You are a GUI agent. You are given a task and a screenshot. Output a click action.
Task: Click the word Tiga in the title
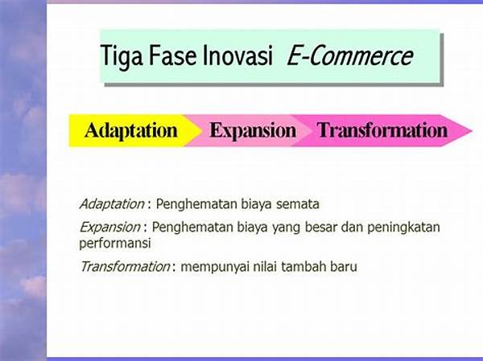click(x=122, y=56)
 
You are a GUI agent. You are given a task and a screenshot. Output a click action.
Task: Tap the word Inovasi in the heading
click(x=237, y=55)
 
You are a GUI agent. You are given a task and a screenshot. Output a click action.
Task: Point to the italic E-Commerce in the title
click(x=350, y=55)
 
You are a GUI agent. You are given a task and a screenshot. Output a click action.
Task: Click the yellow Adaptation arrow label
click(x=131, y=131)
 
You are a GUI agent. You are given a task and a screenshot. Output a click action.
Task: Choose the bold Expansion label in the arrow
click(x=253, y=131)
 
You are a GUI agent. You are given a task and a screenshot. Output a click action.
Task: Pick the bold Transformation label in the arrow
click(x=382, y=130)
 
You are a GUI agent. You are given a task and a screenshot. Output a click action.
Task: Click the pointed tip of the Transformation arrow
click(x=472, y=130)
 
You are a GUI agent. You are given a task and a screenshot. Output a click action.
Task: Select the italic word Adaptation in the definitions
click(x=112, y=204)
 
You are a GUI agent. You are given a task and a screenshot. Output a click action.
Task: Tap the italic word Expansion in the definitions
click(x=109, y=228)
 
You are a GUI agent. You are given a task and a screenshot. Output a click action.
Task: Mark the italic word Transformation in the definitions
click(x=125, y=266)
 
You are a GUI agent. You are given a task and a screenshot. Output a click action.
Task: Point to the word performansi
click(x=115, y=244)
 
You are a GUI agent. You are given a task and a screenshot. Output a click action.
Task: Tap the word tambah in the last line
click(x=303, y=266)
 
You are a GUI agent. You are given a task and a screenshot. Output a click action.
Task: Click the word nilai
click(x=265, y=266)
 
